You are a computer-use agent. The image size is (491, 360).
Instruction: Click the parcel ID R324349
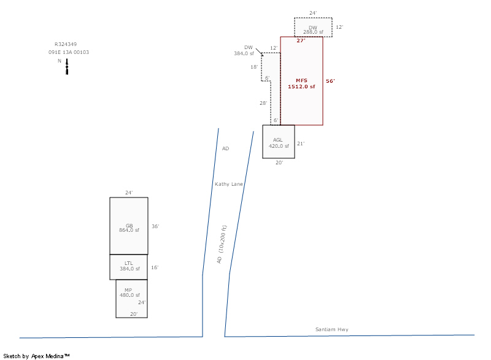(x=66, y=44)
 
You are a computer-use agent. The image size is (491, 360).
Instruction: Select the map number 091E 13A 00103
(x=69, y=52)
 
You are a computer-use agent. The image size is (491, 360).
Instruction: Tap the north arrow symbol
(x=67, y=67)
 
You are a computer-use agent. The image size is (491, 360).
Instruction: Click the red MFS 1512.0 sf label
(x=301, y=83)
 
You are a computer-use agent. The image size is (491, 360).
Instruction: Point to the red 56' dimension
(x=330, y=81)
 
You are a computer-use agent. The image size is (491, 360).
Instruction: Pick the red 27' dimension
(x=301, y=40)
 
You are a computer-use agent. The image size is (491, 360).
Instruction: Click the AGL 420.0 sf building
(x=279, y=142)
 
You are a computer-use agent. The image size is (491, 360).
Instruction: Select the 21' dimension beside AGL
(x=301, y=144)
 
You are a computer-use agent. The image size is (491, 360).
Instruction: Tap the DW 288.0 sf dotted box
(x=313, y=27)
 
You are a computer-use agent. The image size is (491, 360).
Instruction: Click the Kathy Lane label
(x=229, y=184)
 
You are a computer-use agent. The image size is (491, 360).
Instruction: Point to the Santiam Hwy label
(x=332, y=329)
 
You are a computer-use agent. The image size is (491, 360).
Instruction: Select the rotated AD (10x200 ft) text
(x=222, y=244)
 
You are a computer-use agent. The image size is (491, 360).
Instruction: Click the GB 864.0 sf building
(x=129, y=226)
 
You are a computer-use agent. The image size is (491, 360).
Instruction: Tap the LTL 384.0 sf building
(x=129, y=267)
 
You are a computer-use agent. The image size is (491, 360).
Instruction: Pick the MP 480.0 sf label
(x=130, y=293)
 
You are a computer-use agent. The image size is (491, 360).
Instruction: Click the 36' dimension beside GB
(x=155, y=226)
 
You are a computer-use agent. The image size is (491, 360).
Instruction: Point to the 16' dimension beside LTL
(x=155, y=267)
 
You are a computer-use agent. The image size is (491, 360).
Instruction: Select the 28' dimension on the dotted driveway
(x=263, y=103)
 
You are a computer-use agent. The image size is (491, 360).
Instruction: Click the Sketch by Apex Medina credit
(x=36, y=356)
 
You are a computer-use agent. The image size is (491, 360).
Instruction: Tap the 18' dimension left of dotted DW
(x=254, y=67)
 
